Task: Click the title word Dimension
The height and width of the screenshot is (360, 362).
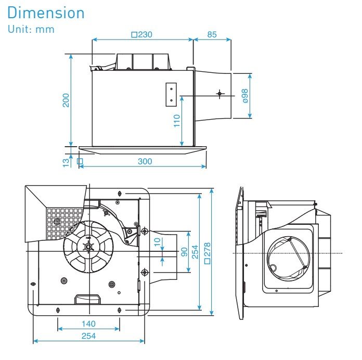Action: coord(46,12)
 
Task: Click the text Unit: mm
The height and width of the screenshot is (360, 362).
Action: coord(31,29)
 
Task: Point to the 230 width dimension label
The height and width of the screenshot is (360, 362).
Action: coord(142,35)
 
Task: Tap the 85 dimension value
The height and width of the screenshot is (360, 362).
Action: coord(212,35)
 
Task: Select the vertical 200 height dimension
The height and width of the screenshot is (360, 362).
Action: coord(66,100)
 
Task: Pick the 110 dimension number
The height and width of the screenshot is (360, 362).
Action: coord(177,121)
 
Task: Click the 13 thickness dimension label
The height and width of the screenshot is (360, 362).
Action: coord(66,162)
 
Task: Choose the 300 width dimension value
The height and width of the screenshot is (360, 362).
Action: coord(145,161)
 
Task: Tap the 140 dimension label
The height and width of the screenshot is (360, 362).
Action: coord(88,324)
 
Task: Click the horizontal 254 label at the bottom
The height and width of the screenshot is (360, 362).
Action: coord(88,336)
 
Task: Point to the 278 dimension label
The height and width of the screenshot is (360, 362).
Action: coord(208,252)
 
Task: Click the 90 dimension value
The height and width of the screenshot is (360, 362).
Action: coord(184,252)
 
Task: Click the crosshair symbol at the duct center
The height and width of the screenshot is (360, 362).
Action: coord(219,94)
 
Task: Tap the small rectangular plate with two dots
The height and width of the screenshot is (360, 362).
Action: coord(171,94)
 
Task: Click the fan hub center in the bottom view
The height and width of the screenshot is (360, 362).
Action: coord(87,246)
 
